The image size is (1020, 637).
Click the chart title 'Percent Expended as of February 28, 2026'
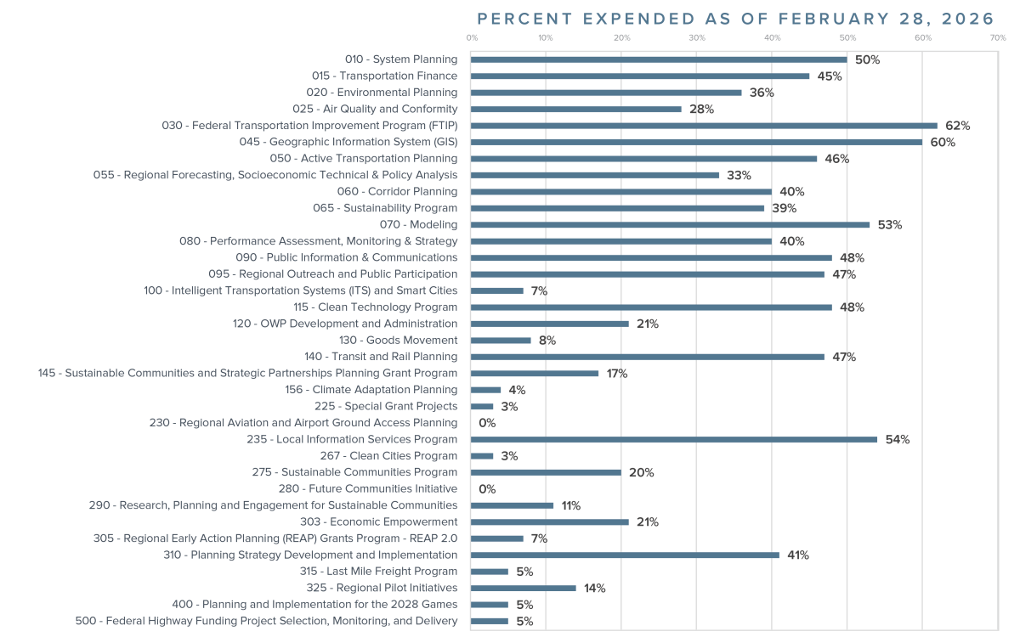coord(735,19)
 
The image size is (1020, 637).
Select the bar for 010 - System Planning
coord(659,59)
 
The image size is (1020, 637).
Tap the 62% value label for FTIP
coord(957,126)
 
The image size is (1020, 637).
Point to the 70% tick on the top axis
coord(998,38)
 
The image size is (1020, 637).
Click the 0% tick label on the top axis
coord(472,38)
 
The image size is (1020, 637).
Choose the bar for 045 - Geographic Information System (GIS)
coord(696,142)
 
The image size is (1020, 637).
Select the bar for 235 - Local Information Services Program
coord(674,439)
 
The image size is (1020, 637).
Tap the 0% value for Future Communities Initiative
coord(487,489)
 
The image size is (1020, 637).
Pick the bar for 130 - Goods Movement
coord(501,340)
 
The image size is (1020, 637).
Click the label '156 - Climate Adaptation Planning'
coord(371,390)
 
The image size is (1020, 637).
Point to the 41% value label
coord(798,555)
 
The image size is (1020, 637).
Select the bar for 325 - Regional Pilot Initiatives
coord(523,588)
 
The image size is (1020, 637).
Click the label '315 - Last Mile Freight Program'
coord(378,572)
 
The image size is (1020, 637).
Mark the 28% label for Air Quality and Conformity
coord(701,110)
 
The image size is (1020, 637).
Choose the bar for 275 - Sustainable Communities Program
coord(546,472)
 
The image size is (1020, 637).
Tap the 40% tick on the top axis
coord(772,38)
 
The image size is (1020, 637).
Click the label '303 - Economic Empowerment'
coord(378,521)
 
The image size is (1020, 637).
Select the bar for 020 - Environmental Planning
coord(606,93)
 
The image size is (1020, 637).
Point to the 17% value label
coord(616,374)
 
